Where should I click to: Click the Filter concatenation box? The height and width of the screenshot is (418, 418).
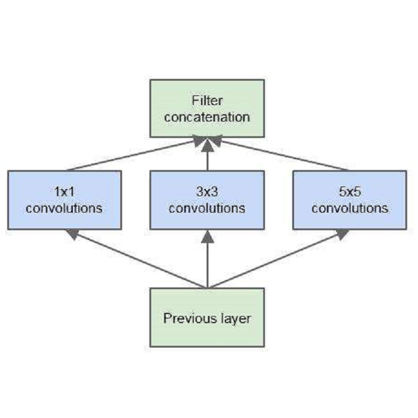pyautogui.click(x=207, y=108)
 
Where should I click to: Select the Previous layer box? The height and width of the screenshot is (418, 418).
pyautogui.click(x=207, y=317)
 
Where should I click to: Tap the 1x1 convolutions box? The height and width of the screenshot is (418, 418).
pyautogui.click(x=64, y=200)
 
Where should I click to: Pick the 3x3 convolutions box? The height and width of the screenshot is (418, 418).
pyautogui.click(x=207, y=200)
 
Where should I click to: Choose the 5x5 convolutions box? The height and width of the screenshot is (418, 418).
pyautogui.click(x=349, y=200)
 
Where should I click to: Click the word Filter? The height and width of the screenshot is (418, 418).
pyautogui.click(x=207, y=100)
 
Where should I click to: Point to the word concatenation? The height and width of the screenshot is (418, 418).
pyautogui.click(x=207, y=116)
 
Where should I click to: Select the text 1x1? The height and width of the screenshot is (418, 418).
pyautogui.click(x=64, y=191)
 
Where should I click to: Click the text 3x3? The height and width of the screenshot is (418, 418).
pyautogui.click(x=207, y=191)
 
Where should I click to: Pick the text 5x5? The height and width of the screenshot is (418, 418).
pyautogui.click(x=349, y=191)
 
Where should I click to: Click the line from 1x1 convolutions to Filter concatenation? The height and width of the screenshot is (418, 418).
pyautogui.click(x=131, y=155)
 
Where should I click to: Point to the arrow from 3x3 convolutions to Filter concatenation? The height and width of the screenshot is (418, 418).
pyautogui.click(x=207, y=157)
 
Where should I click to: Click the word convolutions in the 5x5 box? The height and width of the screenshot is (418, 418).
pyautogui.click(x=349, y=208)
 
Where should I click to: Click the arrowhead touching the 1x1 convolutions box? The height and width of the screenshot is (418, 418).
pyautogui.click(x=72, y=233)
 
